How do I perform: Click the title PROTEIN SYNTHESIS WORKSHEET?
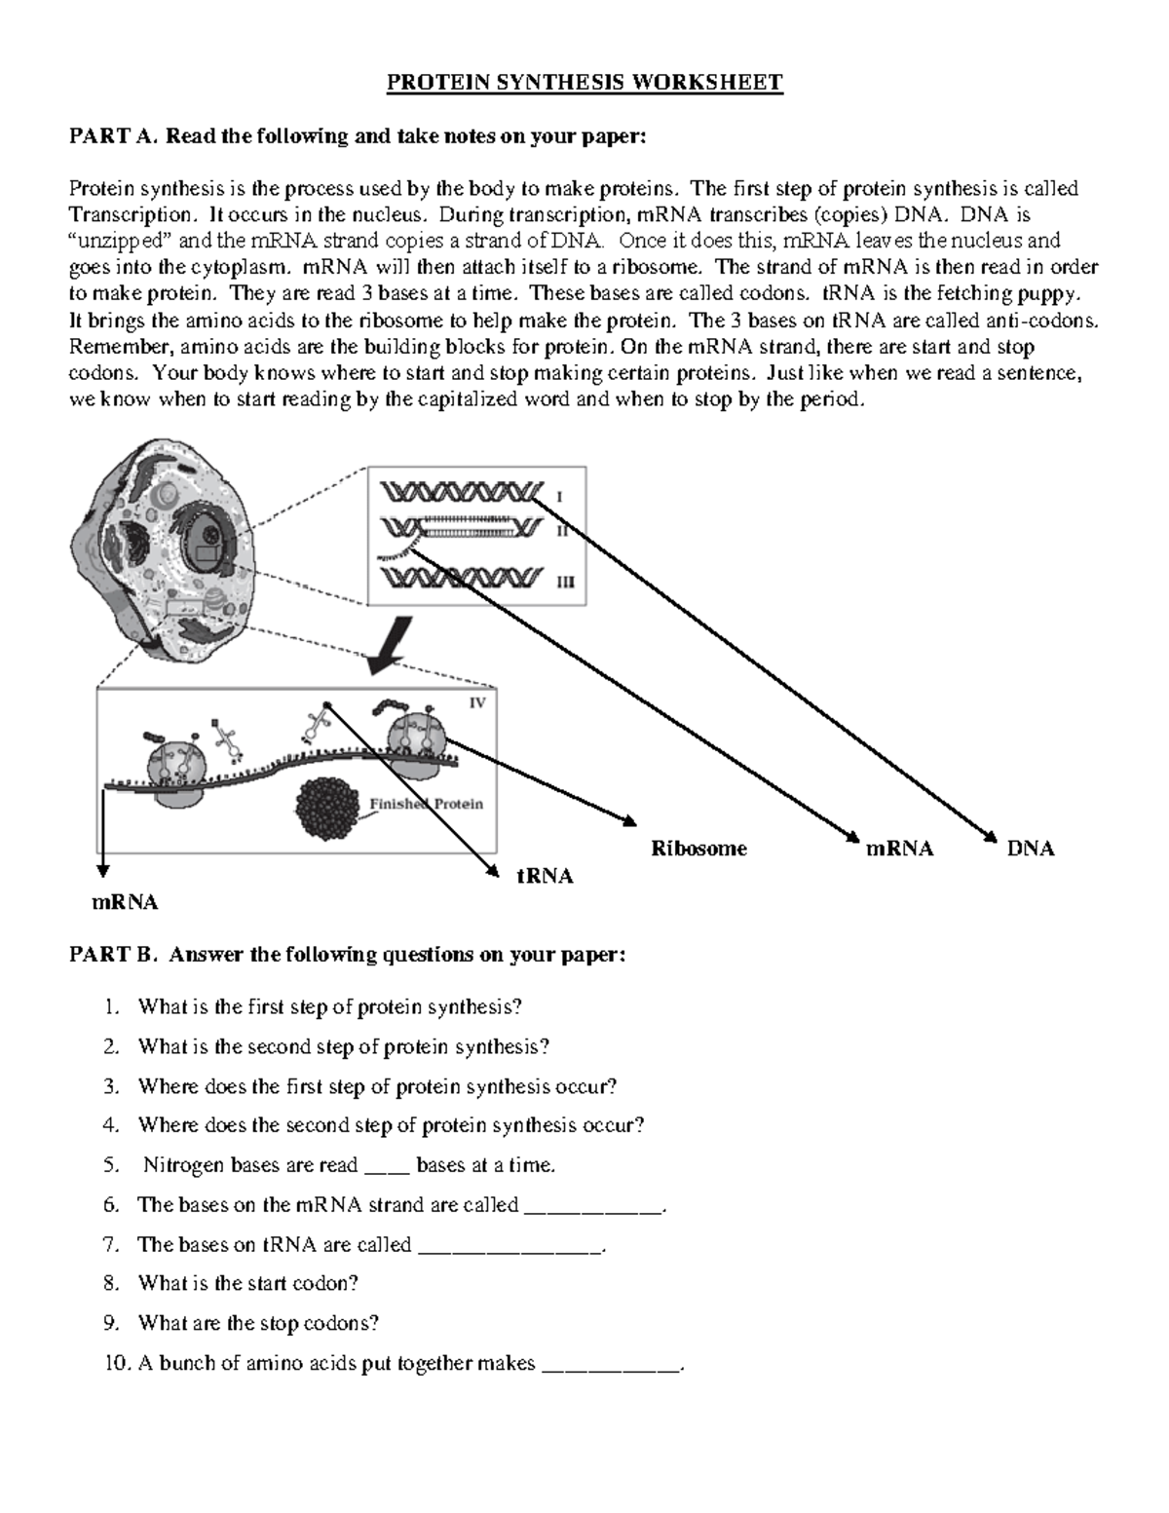[584, 83]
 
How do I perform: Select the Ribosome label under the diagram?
[698, 849]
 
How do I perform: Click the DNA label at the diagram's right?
[1031, 849]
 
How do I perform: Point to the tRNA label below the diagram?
[545, 876]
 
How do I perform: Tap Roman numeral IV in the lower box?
[477, 702]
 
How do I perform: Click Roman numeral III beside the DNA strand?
[565, 584]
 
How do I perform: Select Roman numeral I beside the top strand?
[559, 497]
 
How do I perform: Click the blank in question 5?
[387, 1167]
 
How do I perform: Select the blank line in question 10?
[612, 1365]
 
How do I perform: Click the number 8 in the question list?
[110, 1284]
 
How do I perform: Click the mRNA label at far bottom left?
[124, 902]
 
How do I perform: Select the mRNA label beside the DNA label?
[899, 849]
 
